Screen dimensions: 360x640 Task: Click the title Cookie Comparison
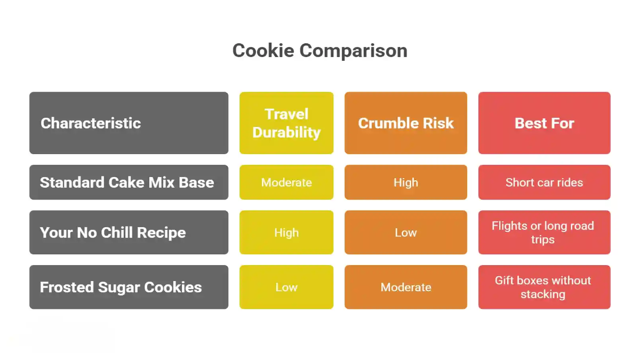coord(320,51)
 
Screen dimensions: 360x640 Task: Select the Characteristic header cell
coord(129,123)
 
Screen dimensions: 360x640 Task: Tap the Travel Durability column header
coord(286,123)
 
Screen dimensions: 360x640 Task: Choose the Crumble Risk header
coord(406,123)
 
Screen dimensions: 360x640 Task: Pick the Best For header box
coord(544,123)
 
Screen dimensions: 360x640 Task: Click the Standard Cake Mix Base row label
coord(129,182)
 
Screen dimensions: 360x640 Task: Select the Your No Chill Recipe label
coord(129,233)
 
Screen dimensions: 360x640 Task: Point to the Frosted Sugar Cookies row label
coord(129,287)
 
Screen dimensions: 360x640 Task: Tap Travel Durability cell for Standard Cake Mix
coord(286,182)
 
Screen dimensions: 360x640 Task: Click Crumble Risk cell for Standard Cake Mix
coord(406,182)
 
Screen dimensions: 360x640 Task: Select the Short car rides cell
coord(544,182)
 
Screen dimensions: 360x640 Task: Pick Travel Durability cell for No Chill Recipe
coord(286,233)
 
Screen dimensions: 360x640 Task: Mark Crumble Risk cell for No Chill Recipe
coord(406,233)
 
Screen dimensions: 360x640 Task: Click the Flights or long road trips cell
coord(544,233)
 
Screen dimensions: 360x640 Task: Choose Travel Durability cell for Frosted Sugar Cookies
coord(286,287)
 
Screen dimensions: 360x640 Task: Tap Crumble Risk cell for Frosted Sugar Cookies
coord(406,287)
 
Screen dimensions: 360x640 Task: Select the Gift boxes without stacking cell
coord(544,287)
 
